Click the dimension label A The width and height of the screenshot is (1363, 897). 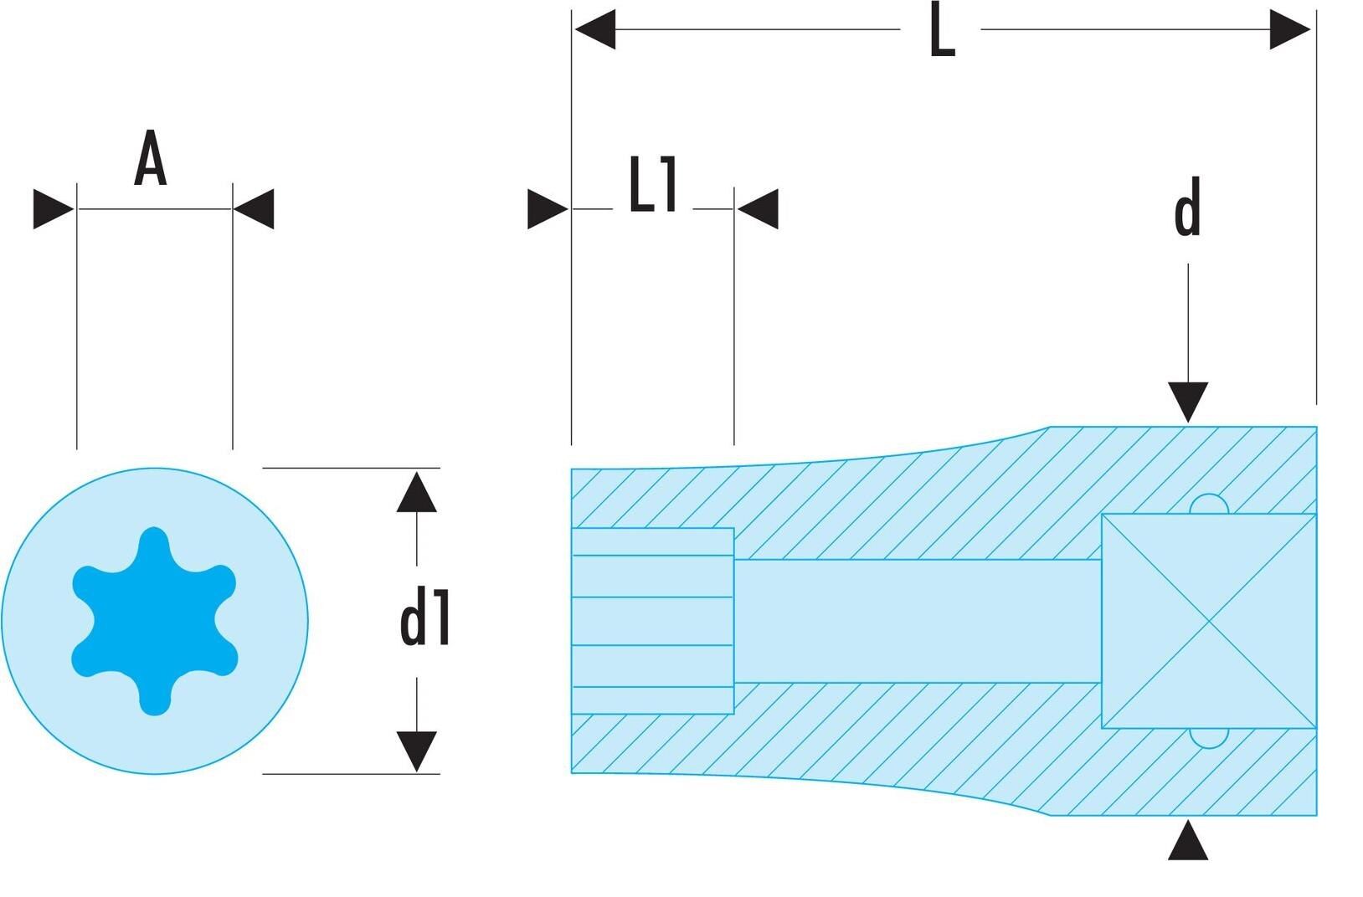pyautogui.click(x=151, y=157)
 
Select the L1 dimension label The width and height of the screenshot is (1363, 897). pyautogui.click(x=653, y=184)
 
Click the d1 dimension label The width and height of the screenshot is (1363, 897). pyautogui.click(x=424, y=617)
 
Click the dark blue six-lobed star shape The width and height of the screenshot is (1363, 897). pyautogui.click(x=155, y=621)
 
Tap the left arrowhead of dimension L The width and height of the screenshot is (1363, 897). pyautogui.click(x=595, y=29)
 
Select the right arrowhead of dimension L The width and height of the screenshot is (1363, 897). pyautogui.click(x=1290, y=29)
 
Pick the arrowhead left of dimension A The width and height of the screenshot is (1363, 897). pyautogui.click(x=54, y=209)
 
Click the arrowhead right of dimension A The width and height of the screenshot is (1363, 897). pyautogui.click(x=254, y=209)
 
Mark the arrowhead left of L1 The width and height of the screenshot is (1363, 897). pyautogui.click(x=548, y=209)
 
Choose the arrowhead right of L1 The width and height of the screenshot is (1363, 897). pyautogui.click(x=758, y=209)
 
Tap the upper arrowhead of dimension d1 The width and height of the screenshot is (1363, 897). pyautogui.click(x=416, y=492)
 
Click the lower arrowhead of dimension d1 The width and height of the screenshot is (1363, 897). pyautogui.click(x=416, y=751)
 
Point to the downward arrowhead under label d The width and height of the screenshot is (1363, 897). pyautogui.click(x=1188, y=402)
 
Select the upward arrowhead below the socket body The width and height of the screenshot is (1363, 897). pyautogui.click(x=1188, y=840)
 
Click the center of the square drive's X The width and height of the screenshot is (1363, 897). pyautogui.click(x=1209, y=621)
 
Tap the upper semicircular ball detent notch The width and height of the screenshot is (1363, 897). pyautogui.click(x=1209, y=505)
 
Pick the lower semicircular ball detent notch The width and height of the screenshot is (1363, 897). pyautogui.click(x=1209, y=738)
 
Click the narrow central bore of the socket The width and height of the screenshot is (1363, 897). pyautogui.click(x=918, y=621)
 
